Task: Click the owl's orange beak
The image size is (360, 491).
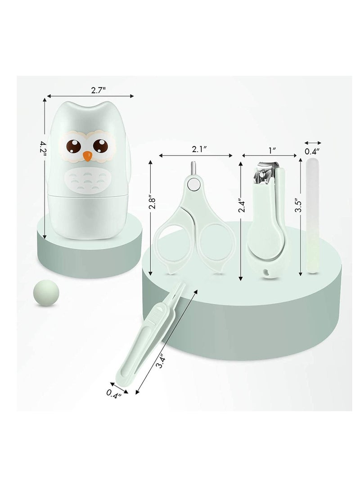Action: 88,156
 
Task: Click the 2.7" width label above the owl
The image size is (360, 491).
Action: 98,90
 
